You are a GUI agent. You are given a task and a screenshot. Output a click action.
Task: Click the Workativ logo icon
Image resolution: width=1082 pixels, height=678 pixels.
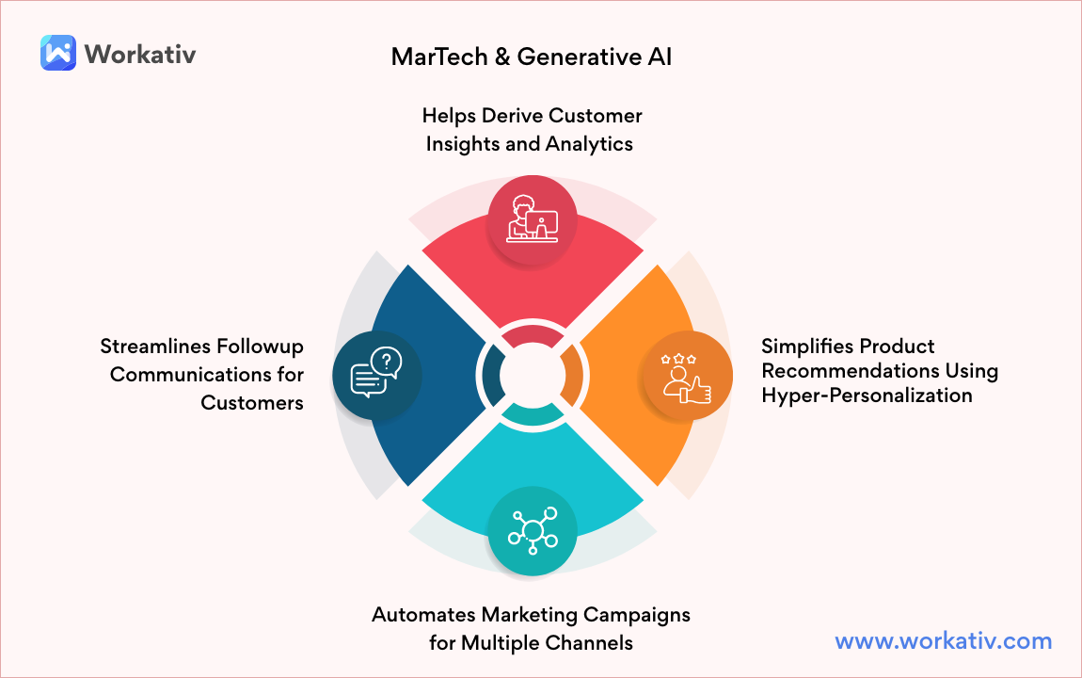point(57,53)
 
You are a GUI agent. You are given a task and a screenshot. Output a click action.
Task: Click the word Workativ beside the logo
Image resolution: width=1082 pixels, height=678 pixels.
point(140,54)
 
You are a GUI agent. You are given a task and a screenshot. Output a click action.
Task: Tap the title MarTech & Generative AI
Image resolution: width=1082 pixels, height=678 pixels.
point(532,56)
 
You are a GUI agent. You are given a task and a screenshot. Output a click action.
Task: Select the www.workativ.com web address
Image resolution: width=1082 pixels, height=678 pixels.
point(943,641)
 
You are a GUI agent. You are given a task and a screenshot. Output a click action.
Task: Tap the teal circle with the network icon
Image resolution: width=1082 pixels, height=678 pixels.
point(533,530)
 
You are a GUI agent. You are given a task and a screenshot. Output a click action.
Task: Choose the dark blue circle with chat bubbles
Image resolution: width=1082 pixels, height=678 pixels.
point(376,375)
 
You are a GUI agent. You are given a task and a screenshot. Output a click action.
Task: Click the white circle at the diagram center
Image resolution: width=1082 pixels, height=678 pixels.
point(532,375)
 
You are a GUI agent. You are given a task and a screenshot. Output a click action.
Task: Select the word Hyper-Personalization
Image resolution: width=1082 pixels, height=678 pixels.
point(867,395)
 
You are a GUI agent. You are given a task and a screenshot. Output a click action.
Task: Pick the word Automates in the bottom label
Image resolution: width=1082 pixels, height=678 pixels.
point(424,615)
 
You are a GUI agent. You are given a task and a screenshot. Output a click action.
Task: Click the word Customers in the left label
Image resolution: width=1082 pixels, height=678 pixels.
point(252,403)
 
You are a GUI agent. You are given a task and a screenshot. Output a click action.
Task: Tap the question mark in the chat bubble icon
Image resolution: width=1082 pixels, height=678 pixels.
point(386,359)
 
